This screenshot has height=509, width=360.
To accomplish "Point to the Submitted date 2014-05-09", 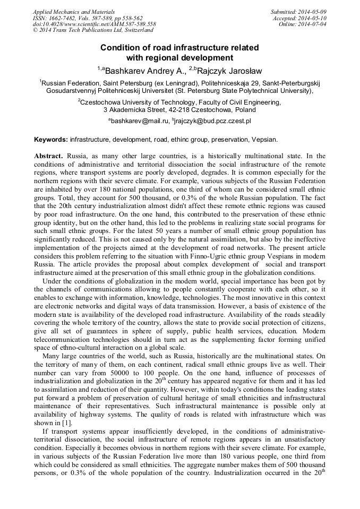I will pos(313,12).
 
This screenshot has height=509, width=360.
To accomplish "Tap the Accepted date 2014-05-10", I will pos(313,18).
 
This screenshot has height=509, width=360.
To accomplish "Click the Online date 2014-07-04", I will pos(314,24).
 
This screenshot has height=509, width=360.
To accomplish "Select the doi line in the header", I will pos(94,24).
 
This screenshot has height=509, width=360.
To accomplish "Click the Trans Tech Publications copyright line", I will pos(91,30).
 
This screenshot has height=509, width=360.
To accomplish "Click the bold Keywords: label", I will pos(51,140).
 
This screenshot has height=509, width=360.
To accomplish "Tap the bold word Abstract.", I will pos(50,156).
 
